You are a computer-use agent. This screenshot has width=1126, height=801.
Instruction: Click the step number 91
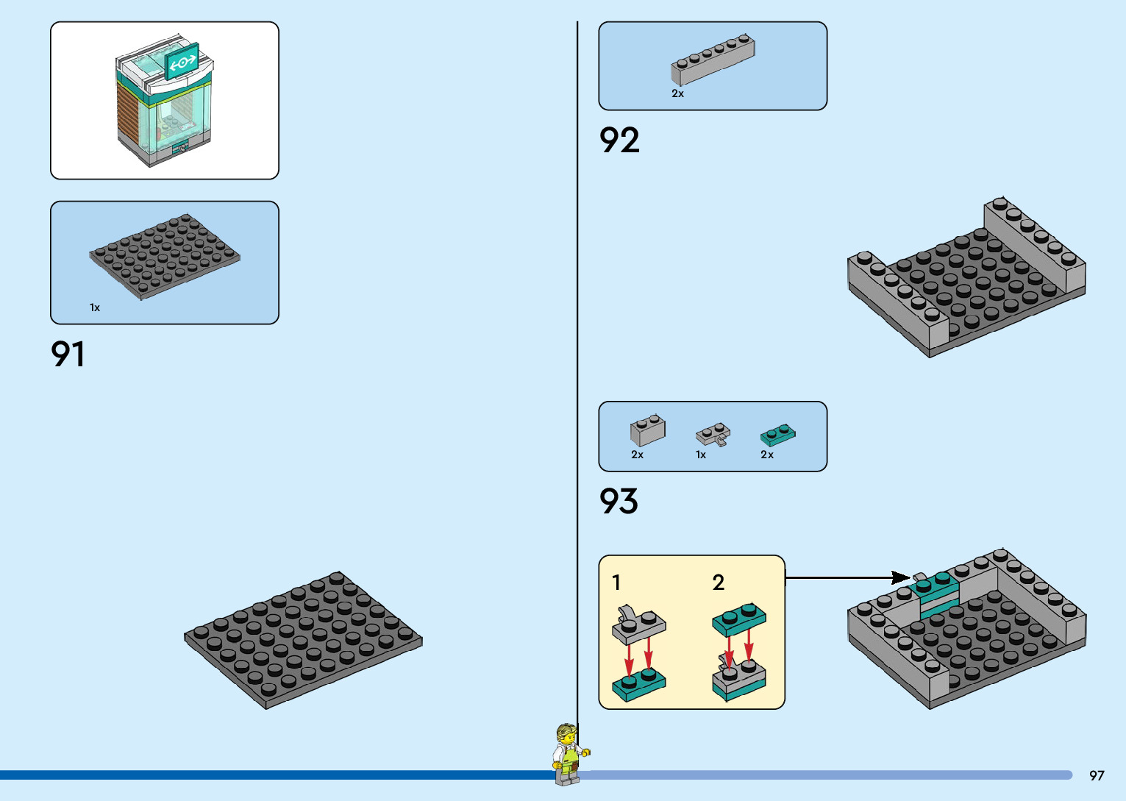pyautogui.click(x=68, y=354)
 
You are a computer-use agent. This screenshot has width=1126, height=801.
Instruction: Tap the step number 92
pyautogui.click(x=619, y=140)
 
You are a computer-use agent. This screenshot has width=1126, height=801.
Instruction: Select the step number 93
pyautogui.click(x=619, y=502)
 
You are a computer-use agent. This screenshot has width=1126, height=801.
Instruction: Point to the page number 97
pyautogui.click(x=1097, y=775)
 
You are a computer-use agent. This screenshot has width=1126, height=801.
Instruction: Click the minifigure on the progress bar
pyautogui.click(x=569, y=753)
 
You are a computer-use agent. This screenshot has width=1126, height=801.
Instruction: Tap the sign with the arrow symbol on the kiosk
pyautogui.click(x=182, y=62)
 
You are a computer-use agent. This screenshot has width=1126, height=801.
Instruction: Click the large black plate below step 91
pyautogui.click(x=303, y=639)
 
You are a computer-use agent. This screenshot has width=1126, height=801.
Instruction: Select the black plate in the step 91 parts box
pyautogui.click(x=165, y=256)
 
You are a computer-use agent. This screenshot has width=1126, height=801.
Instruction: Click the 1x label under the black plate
pyautogui.click(x=95, y=307)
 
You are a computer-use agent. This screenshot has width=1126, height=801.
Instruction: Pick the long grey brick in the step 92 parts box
pyautogui.click(x=712, y=59)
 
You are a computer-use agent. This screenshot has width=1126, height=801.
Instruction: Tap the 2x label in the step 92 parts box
pyautogui.click(x=677, y=93)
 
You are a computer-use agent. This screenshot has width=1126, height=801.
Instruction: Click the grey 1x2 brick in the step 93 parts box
pyautogui.click(x=647, y=430)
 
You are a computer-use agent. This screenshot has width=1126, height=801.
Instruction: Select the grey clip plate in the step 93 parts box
pyautogui.click(x=713, y=434)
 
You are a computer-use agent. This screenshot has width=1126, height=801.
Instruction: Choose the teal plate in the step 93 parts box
pyautogui.click(x=777, y=435)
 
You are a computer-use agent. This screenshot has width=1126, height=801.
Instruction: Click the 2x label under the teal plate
pyautogui.click(x=767, y=455)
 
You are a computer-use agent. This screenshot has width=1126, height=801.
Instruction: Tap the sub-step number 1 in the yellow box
pyautogui.click(x=616, y=583)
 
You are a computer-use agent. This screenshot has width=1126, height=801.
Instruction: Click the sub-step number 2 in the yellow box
pyautogui.click(x=719, y=583)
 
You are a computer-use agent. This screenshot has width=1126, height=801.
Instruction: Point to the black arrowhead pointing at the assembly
pyautogui.click(x=902, y=577)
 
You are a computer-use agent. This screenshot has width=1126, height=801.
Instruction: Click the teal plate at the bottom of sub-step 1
pyautogui.click(x=638, y=685)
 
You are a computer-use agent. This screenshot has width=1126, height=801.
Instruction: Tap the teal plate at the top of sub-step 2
pyautogui.click(x=739, y=620)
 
